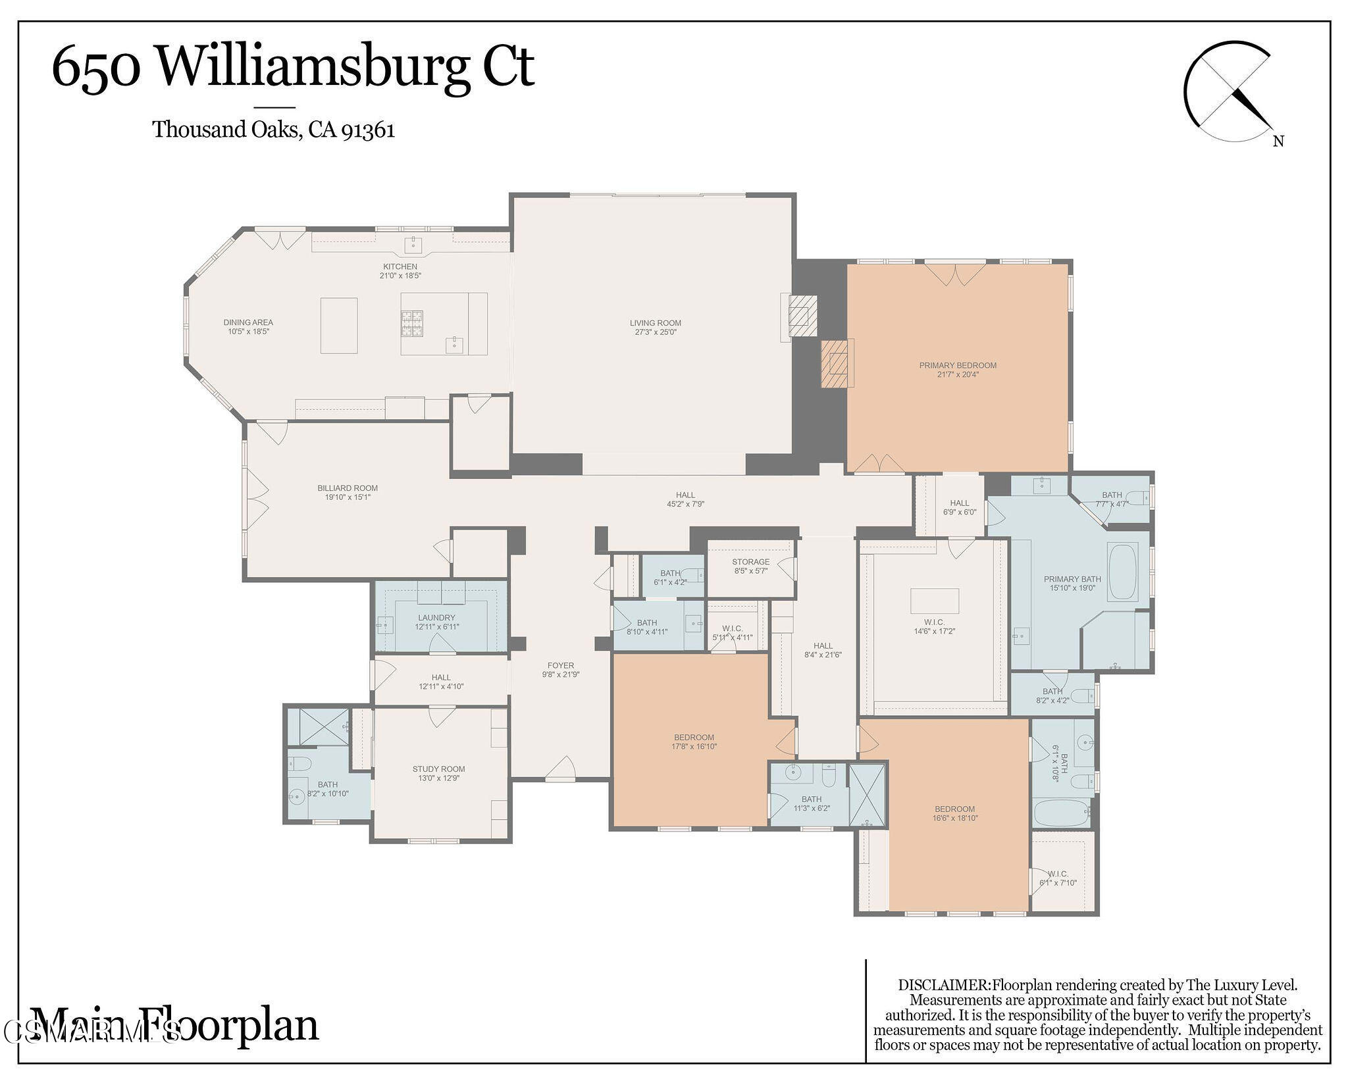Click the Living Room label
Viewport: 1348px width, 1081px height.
click(x=655, y=323)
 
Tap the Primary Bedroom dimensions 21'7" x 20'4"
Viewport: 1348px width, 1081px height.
click(x=958, y=375)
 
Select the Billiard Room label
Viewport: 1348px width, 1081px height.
click(x=348, y=488)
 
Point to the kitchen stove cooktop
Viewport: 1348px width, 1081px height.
click(x=412, y=324)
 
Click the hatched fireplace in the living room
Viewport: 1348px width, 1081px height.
click(x=803, y=316)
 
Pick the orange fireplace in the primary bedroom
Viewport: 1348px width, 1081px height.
click(x=836, y=363)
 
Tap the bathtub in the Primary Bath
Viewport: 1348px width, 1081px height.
click(x=1124, y=571)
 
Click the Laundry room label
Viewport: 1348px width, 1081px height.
click(x=436, y=618)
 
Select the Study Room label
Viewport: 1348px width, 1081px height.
click(x=438, y=768)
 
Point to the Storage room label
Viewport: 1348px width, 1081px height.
click(x=750, y=562)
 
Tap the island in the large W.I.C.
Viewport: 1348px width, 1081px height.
click(x=935, y=601)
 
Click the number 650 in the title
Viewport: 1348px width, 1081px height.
click(x=97, y=67)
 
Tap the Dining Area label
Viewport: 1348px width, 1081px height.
click(x=248, y=322)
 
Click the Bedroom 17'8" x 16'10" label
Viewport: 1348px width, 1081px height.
click(x=694, y=738)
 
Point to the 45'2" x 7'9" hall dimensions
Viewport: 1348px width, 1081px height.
click(x=685, y=504)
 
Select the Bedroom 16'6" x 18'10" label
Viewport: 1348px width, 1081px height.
click(x=954, y=809)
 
